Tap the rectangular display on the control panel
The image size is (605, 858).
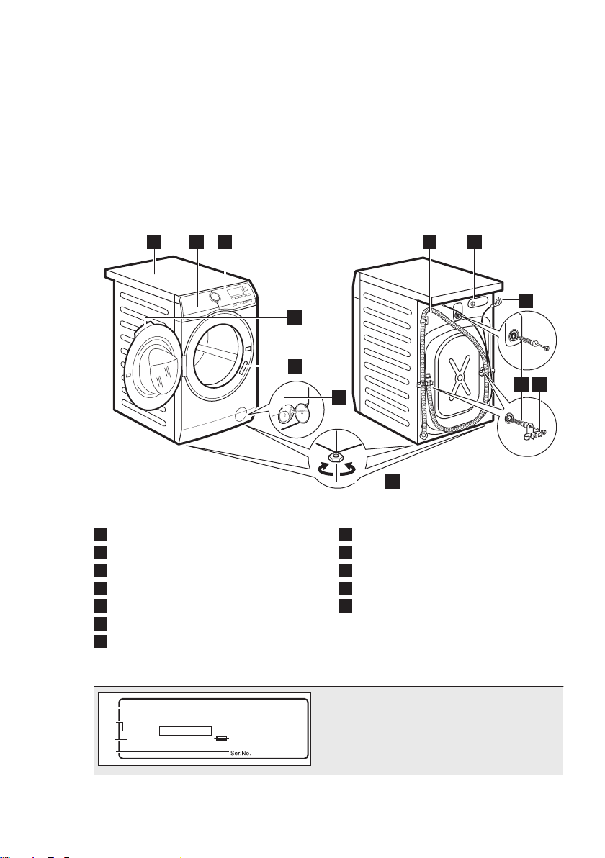click(236, 289)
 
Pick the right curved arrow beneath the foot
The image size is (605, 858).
click(348, 468)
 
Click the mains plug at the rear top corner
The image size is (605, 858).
click(498, 301)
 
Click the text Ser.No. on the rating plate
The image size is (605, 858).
click(241, 753)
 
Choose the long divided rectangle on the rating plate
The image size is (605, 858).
click(185, 731)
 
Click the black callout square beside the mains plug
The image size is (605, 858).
click(525, 300)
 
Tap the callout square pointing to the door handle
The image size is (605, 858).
click(295, 366)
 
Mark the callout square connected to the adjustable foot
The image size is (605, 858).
click(392, 481)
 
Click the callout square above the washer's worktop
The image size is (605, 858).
click(153, 241)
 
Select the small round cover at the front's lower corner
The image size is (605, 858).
click(239, 415)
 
